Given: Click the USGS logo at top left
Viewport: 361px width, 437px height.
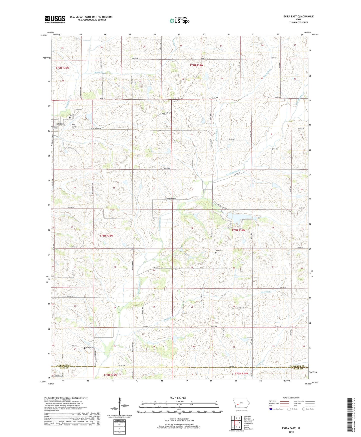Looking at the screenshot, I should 55,19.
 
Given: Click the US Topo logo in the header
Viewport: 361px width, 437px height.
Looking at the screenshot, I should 179,21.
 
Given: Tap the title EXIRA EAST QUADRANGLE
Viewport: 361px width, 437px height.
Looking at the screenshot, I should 298,17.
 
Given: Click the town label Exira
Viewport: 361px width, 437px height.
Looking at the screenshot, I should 59,124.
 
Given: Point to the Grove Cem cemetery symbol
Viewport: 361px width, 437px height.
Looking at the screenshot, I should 216,253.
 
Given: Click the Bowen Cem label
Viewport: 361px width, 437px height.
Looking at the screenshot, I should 90,347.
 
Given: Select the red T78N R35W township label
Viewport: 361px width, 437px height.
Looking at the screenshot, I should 106,236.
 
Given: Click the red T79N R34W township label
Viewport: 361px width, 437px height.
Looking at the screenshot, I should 196,65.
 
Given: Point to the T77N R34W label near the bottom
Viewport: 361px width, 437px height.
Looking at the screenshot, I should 241,374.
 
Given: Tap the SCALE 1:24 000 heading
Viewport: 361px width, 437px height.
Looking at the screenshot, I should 178,398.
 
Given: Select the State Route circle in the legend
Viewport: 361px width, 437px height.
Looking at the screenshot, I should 304,409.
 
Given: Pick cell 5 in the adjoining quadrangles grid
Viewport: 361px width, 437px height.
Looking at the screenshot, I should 240,423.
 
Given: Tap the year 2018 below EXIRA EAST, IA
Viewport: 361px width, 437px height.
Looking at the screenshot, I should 291,432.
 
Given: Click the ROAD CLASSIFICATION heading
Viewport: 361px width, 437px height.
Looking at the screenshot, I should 291,398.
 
